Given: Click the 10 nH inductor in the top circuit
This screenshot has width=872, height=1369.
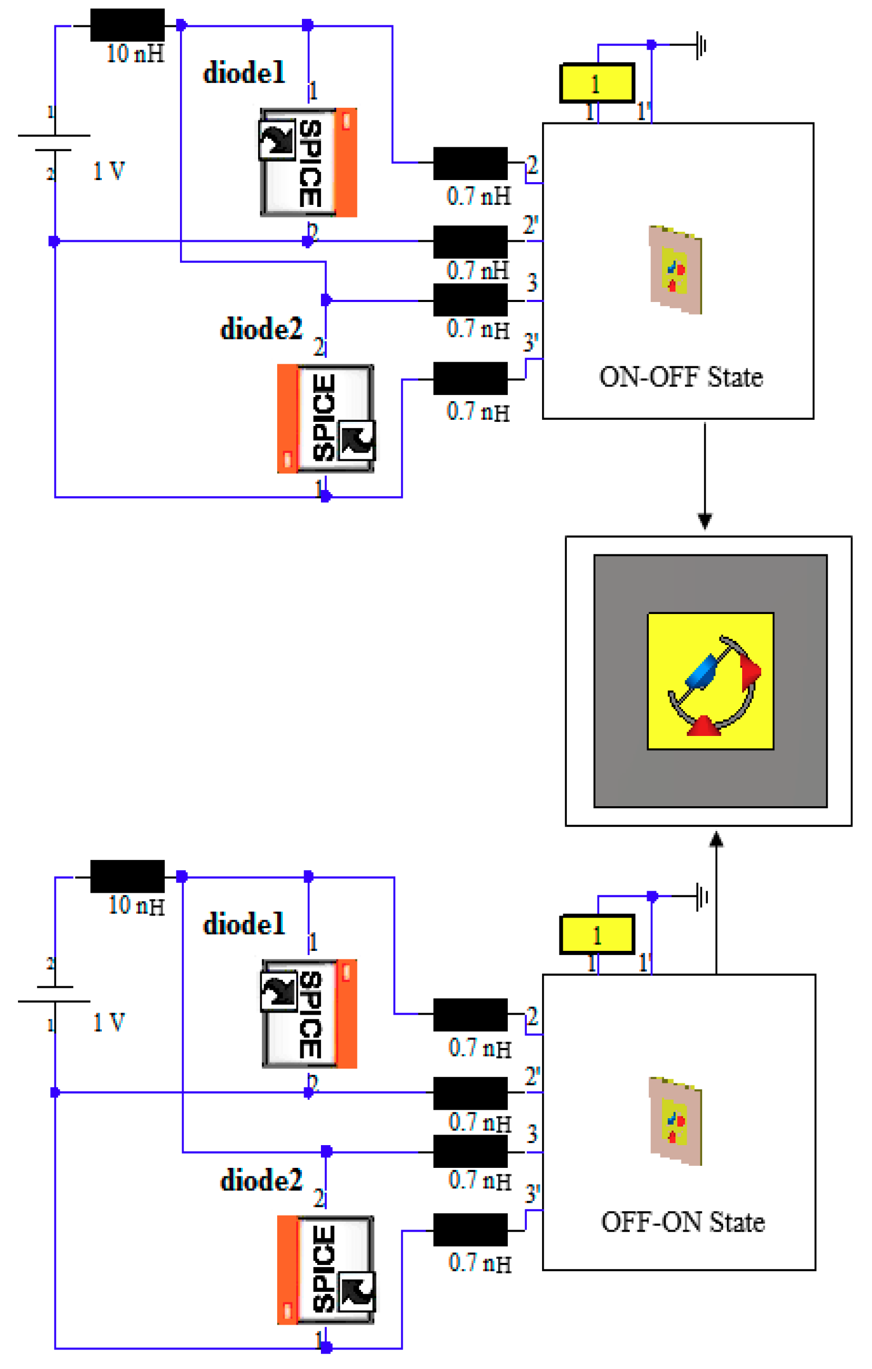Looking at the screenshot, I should pyautogui.click(x=127, y=25).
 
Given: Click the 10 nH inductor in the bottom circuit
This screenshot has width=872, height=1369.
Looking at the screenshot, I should pyautogui.click(x=127, y=876).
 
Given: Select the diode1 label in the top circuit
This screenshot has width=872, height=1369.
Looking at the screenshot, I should pyautogui.click(x=244, y=73).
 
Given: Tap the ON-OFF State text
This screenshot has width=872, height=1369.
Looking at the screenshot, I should pyautogui.click(x=680, y=377).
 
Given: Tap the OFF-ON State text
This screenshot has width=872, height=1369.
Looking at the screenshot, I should pyautogui.click(x=683, y=1222).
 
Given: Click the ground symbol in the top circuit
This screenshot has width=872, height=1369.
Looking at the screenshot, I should pyautogui.click(x=701, y=44).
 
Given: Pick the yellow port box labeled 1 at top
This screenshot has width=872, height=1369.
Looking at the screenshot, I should pyautogui.click(x=597, y=83).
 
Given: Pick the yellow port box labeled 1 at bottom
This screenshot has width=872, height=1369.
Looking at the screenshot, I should pyautogui.click(x=597, y=935).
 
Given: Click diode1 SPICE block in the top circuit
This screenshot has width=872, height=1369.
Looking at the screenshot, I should pyautogui.click(x=309, y=163).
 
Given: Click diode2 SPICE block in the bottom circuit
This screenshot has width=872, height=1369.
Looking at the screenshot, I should pyautogui.click(x=326, y=1270).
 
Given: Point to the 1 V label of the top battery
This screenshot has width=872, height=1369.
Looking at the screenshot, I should pyautogui.click(x=109, y=171).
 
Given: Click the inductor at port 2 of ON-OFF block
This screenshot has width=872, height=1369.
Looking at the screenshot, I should pyautogui.click(x=470, y=163).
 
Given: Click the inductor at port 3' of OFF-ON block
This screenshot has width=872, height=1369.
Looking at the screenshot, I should pyautogui.click(x=470, y=1230).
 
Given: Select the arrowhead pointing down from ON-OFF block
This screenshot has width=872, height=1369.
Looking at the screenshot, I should pyautogui.click(x=705, y=521).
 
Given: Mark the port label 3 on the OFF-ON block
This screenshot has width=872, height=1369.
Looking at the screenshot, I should pyautogui.click(x=532, y=1134).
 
